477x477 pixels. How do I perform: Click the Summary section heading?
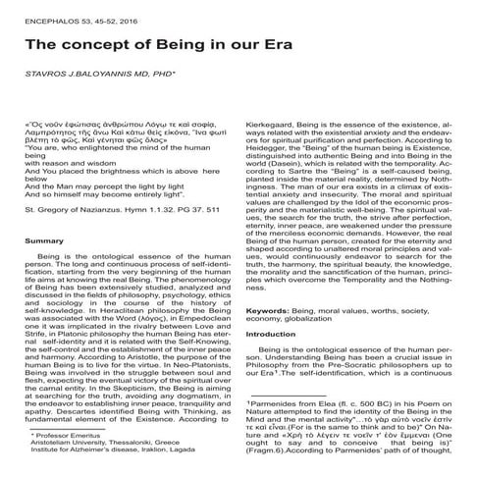tap(43, 240)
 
